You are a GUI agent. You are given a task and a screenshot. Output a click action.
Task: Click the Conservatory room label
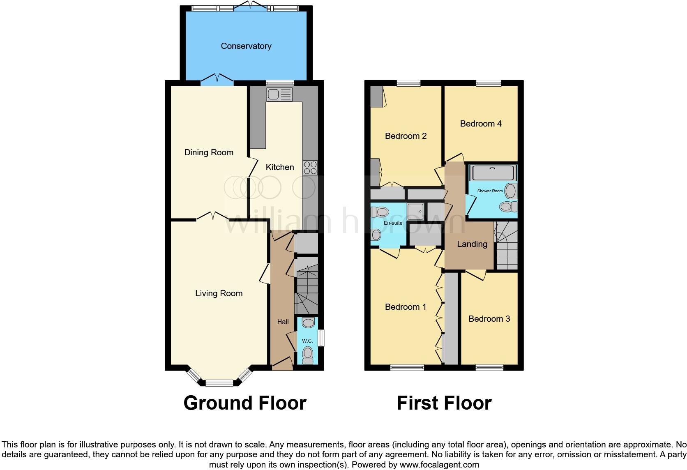(x=246, y=46)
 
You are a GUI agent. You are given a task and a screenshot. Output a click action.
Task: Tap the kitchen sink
(x=279, y=94)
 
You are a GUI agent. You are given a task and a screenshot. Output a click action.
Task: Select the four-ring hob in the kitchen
(x=310, y=168)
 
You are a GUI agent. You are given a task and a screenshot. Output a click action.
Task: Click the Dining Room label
(x=209, y=152)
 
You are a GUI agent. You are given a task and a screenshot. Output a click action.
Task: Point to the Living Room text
(x=219, y=293)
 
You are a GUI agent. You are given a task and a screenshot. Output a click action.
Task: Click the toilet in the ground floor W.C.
(x=307, y=354)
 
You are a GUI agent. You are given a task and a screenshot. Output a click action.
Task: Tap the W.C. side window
(x=322, y=338)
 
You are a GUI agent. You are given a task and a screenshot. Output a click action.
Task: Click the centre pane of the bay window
(x=219, y=383)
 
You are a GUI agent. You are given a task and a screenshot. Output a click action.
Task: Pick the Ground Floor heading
(x=245, y=403)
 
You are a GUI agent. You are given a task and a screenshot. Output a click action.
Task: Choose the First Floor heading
(x=444, y=403)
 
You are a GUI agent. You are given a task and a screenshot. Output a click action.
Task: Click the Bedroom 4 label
(x=481, y=124)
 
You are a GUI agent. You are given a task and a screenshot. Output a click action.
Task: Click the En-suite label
(x=393, y=223)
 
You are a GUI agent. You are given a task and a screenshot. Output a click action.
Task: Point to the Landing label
(x=472, y=244)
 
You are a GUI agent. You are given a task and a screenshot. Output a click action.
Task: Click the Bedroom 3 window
(x=489, y=367)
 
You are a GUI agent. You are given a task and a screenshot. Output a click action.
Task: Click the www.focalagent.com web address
(x=439, y=465)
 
